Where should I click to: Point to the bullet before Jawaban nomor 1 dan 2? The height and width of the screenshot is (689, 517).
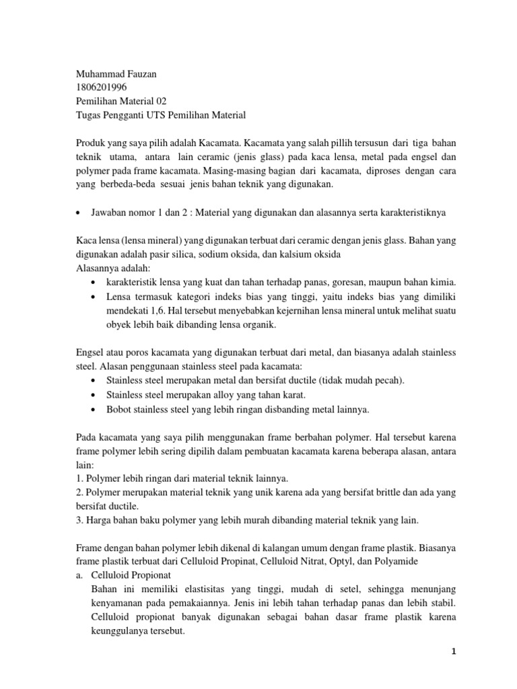tap(79, 213)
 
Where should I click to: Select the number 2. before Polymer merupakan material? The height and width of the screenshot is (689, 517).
tap(79, 493)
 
